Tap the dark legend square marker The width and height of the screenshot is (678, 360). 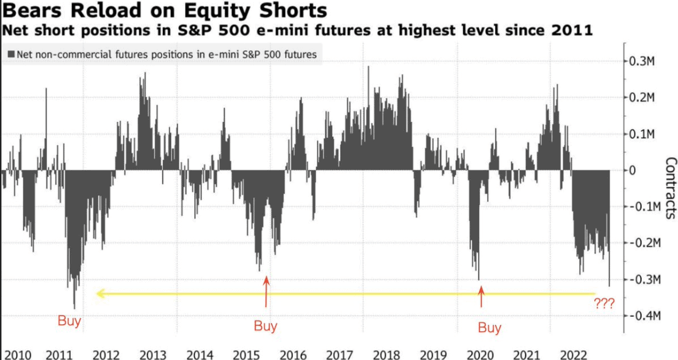11,54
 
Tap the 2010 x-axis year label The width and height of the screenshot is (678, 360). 17,355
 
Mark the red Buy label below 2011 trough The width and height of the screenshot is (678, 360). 69,321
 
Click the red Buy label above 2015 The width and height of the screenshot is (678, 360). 265,326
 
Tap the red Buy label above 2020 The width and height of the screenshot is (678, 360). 489,328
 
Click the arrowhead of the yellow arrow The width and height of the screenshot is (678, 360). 99,293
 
